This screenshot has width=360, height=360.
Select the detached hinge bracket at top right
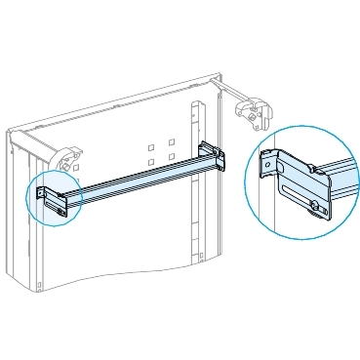(252, 111)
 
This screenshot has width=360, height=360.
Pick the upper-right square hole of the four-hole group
(171, 143)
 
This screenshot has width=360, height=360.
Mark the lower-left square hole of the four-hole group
(152, 164)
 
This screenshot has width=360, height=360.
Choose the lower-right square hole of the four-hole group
(171, 158)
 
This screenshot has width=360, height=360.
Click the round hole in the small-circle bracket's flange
(41, 193)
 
